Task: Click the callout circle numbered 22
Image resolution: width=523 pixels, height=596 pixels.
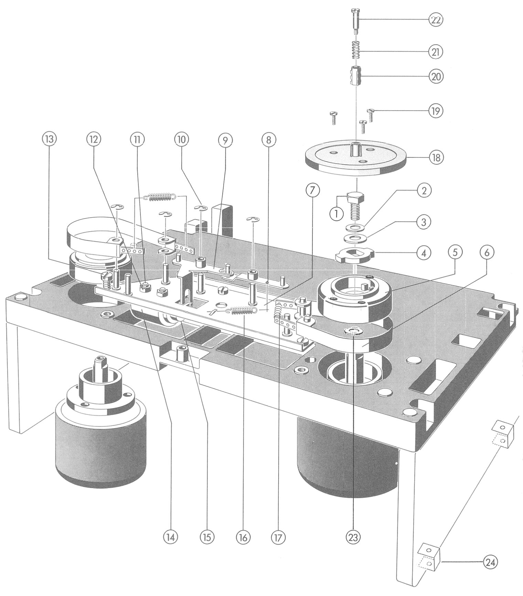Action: (x=436, y=20)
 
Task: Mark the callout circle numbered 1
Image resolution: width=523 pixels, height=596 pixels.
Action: (x=337, y=213)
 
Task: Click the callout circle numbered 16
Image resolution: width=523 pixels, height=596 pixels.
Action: (x=243, y=537)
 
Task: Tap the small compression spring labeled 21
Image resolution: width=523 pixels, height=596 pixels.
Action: (x=355, y=50)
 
